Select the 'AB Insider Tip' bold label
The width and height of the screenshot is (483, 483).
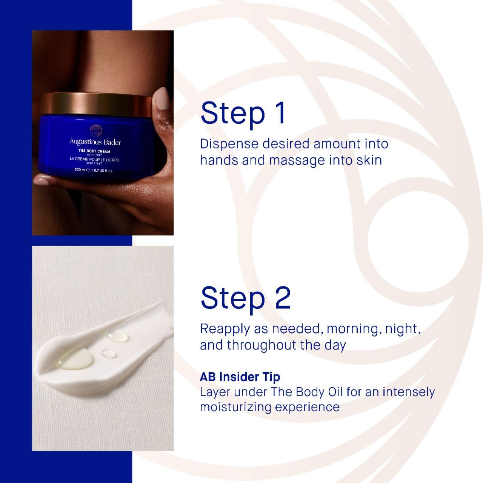click(240, 377)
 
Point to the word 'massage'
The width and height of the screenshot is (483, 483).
click(297, 161)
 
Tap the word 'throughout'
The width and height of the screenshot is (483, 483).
click(261, 345)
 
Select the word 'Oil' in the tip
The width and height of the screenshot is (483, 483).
click(335, 392)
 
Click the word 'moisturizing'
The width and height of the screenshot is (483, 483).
click(235, 407)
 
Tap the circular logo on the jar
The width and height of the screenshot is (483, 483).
click(96, 130)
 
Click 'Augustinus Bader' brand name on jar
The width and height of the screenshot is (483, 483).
click(95, 142)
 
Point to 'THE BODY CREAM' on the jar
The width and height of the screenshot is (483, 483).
click(94, 151)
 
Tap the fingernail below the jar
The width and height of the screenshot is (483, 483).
click(41, 181)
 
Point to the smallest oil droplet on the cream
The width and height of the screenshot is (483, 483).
click(109, 353)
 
